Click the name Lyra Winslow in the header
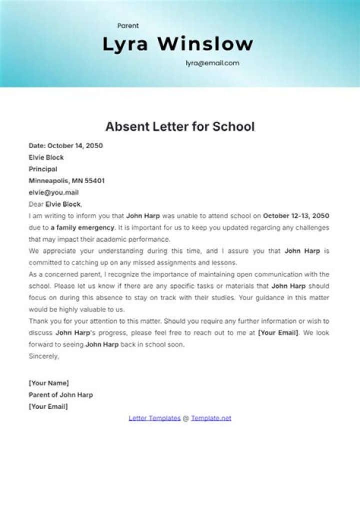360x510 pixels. pos(177,44)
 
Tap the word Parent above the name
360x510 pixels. pos(128,26)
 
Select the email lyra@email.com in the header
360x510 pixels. pos(212,63)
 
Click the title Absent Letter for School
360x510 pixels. pos(180,127)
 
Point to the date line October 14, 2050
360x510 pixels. pos(65,146)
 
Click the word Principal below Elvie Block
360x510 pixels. pos(43,169)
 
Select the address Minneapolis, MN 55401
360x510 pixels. pos(66,181)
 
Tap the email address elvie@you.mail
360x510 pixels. pos(53,192)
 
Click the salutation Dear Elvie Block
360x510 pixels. pos(55,204)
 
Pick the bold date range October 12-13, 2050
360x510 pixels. pos(296,216)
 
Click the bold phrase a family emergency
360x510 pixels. pos(82,227)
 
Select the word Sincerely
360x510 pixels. pos(43,356)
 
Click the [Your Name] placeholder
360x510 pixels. pos(49,383)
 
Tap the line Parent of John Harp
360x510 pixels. pos(60,394)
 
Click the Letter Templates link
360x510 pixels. pos(154,418)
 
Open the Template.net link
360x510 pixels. pos(211,418)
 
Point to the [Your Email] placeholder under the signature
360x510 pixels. pos(48,406)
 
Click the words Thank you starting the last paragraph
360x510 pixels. pos(43,321)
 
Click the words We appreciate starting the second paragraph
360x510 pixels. pos(51,251)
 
